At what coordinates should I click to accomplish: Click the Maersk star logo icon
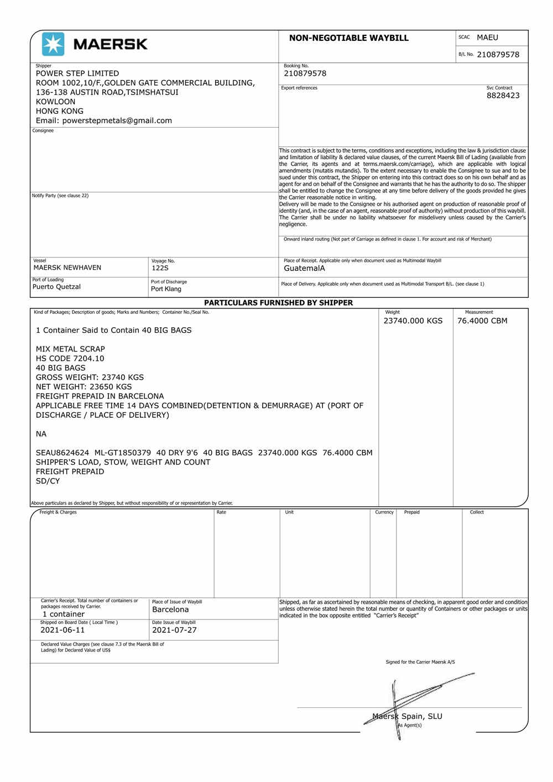(53, 44)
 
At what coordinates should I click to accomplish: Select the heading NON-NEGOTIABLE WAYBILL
(348, 38)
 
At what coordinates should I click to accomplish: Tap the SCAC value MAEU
(487, 38)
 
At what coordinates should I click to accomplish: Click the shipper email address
(104, 120)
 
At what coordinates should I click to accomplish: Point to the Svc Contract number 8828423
(503, 96)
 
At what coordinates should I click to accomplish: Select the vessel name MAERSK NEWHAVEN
(67, 267)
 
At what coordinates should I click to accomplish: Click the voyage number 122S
(160, 268)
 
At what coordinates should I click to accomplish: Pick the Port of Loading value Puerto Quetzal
(56, 287)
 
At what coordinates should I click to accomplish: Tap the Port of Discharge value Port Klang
(166, 289)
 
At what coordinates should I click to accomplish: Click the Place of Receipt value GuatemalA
(304, 269)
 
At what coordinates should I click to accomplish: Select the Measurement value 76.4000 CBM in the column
(482, 321)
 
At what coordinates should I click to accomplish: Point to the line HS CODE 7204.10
(70, 359)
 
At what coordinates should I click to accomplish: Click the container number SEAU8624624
(62, 453)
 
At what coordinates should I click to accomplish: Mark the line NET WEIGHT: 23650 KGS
(84, 387)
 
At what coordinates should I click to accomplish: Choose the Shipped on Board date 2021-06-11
(62, 630)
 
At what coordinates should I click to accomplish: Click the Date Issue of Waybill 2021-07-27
(174, 630)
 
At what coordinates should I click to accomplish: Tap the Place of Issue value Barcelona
(170, 610)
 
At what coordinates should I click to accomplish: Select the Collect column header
(477, 512)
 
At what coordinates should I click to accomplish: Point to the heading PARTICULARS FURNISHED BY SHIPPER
(278, 303)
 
